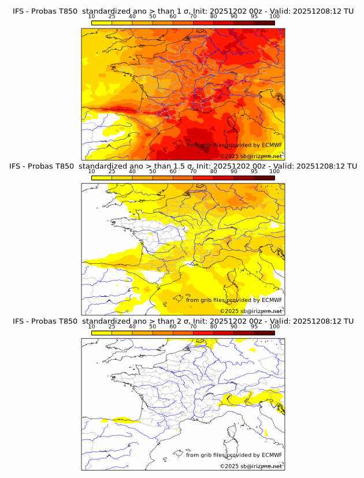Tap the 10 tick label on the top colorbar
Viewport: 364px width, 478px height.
[92, 17]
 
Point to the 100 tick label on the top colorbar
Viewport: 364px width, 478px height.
[274, 17]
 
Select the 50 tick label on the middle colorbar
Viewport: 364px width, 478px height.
[153, 171]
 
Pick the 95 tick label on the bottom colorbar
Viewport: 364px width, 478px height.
[254, 326]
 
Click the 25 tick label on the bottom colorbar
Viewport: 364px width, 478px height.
[112, 326]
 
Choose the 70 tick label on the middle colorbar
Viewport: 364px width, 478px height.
[194, 171]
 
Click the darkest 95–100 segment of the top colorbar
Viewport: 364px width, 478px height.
[264, 23]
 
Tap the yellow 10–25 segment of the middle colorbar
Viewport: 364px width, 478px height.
[102, 177]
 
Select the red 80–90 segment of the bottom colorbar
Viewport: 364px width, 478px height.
[224, 332]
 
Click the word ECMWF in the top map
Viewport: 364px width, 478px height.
[272, 145]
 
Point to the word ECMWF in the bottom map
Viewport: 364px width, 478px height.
[272, 455]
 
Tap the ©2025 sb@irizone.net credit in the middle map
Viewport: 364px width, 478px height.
[251, 311]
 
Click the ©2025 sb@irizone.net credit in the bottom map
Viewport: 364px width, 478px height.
[251, 466]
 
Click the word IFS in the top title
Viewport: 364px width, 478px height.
[19, 11]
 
